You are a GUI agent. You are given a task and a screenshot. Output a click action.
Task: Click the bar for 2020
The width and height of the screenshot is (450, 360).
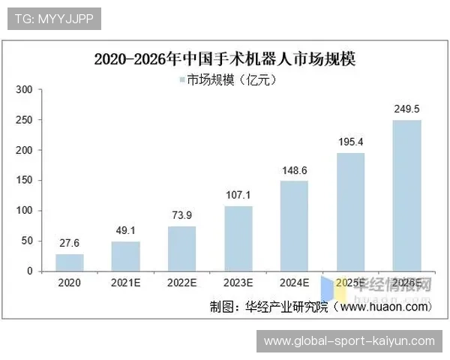tap(70, 262)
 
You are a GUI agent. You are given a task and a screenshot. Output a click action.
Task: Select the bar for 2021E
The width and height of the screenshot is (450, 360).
tap(126, 256)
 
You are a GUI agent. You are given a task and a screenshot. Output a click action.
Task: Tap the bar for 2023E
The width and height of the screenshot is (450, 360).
tap(238, 238)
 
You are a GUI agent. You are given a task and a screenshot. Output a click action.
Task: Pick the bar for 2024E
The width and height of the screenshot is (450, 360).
tap(295, 226)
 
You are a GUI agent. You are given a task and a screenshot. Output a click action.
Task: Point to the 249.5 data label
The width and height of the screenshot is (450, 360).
tap(406, 109)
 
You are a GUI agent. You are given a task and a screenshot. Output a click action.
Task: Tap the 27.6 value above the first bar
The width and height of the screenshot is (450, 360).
tap(70, 244)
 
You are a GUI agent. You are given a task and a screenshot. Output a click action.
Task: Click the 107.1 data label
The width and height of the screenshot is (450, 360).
tap(238, 196)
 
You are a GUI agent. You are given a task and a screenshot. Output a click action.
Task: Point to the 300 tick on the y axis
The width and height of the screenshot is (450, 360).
tap(24, 90)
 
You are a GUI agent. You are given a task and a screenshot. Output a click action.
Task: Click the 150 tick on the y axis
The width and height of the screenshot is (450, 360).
tap(24, 181)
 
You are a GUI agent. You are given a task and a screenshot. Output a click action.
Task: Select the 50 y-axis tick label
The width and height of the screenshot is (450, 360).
tap(27, 241)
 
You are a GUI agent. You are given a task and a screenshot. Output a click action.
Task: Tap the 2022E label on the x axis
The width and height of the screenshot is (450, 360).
tap(182, 283)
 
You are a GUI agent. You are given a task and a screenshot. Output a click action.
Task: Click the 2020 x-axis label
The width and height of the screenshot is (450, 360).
tap(70, 283)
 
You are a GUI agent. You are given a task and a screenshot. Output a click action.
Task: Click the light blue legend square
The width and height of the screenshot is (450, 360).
tap(181, 79)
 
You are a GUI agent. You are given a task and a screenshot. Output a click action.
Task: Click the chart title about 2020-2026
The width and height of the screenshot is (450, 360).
tap(225, 58)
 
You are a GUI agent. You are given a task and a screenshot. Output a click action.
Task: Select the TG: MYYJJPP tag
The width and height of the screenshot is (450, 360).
tap(53, 18)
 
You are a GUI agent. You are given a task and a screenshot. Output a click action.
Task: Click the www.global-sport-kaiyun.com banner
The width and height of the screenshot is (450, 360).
tap(349, 341)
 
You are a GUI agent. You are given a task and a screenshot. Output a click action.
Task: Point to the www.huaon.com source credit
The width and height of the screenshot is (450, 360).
tap(382, 306)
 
